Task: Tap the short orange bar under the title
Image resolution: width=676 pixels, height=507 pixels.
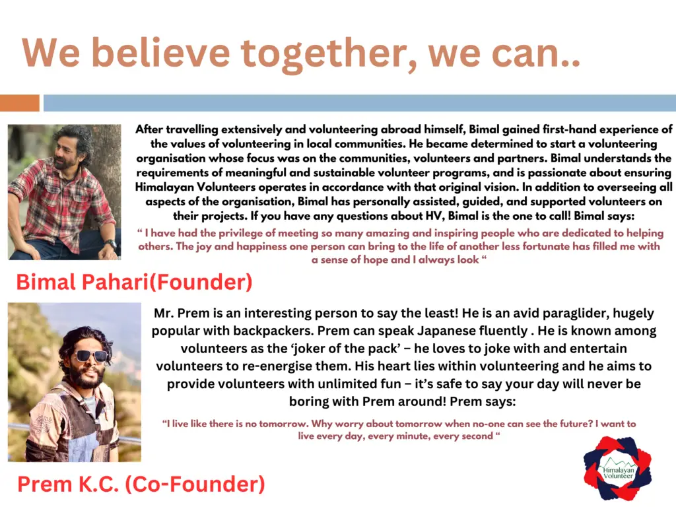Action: pos(19,103)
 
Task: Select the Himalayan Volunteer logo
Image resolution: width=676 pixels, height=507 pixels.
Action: pos(617,468)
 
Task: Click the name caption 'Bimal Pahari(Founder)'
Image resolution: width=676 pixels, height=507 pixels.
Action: pos(134,282)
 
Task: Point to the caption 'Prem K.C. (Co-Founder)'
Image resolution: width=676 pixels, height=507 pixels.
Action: pos(141,484)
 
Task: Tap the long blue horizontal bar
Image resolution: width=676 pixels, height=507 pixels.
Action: pos(360,103)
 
